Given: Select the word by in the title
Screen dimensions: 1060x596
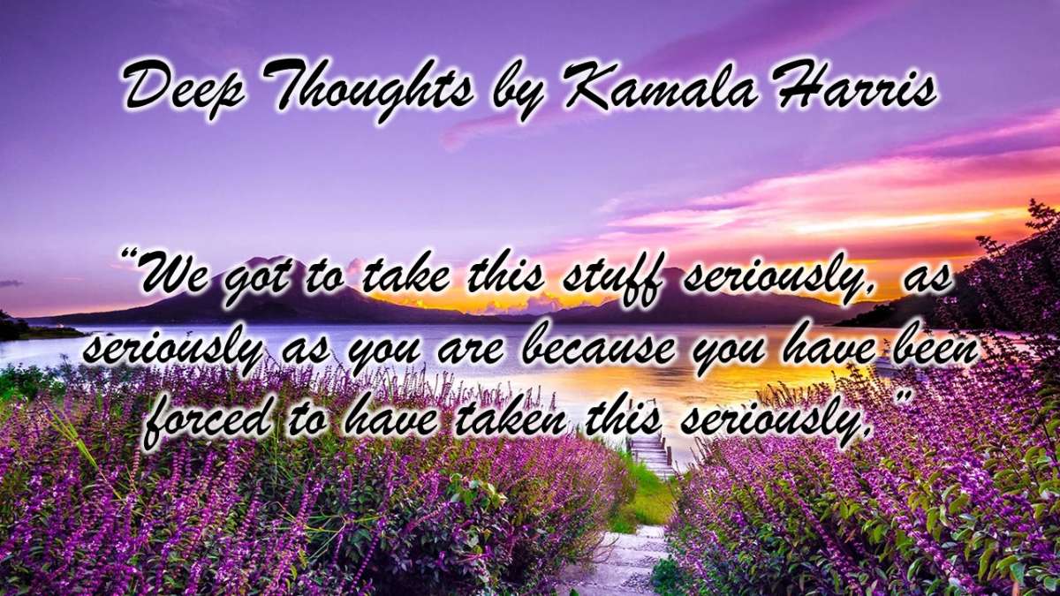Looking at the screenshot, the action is [519, 93].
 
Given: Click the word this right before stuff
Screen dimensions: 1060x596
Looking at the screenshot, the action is [505, 274].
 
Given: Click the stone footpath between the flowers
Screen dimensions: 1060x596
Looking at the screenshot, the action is [620, 558].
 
